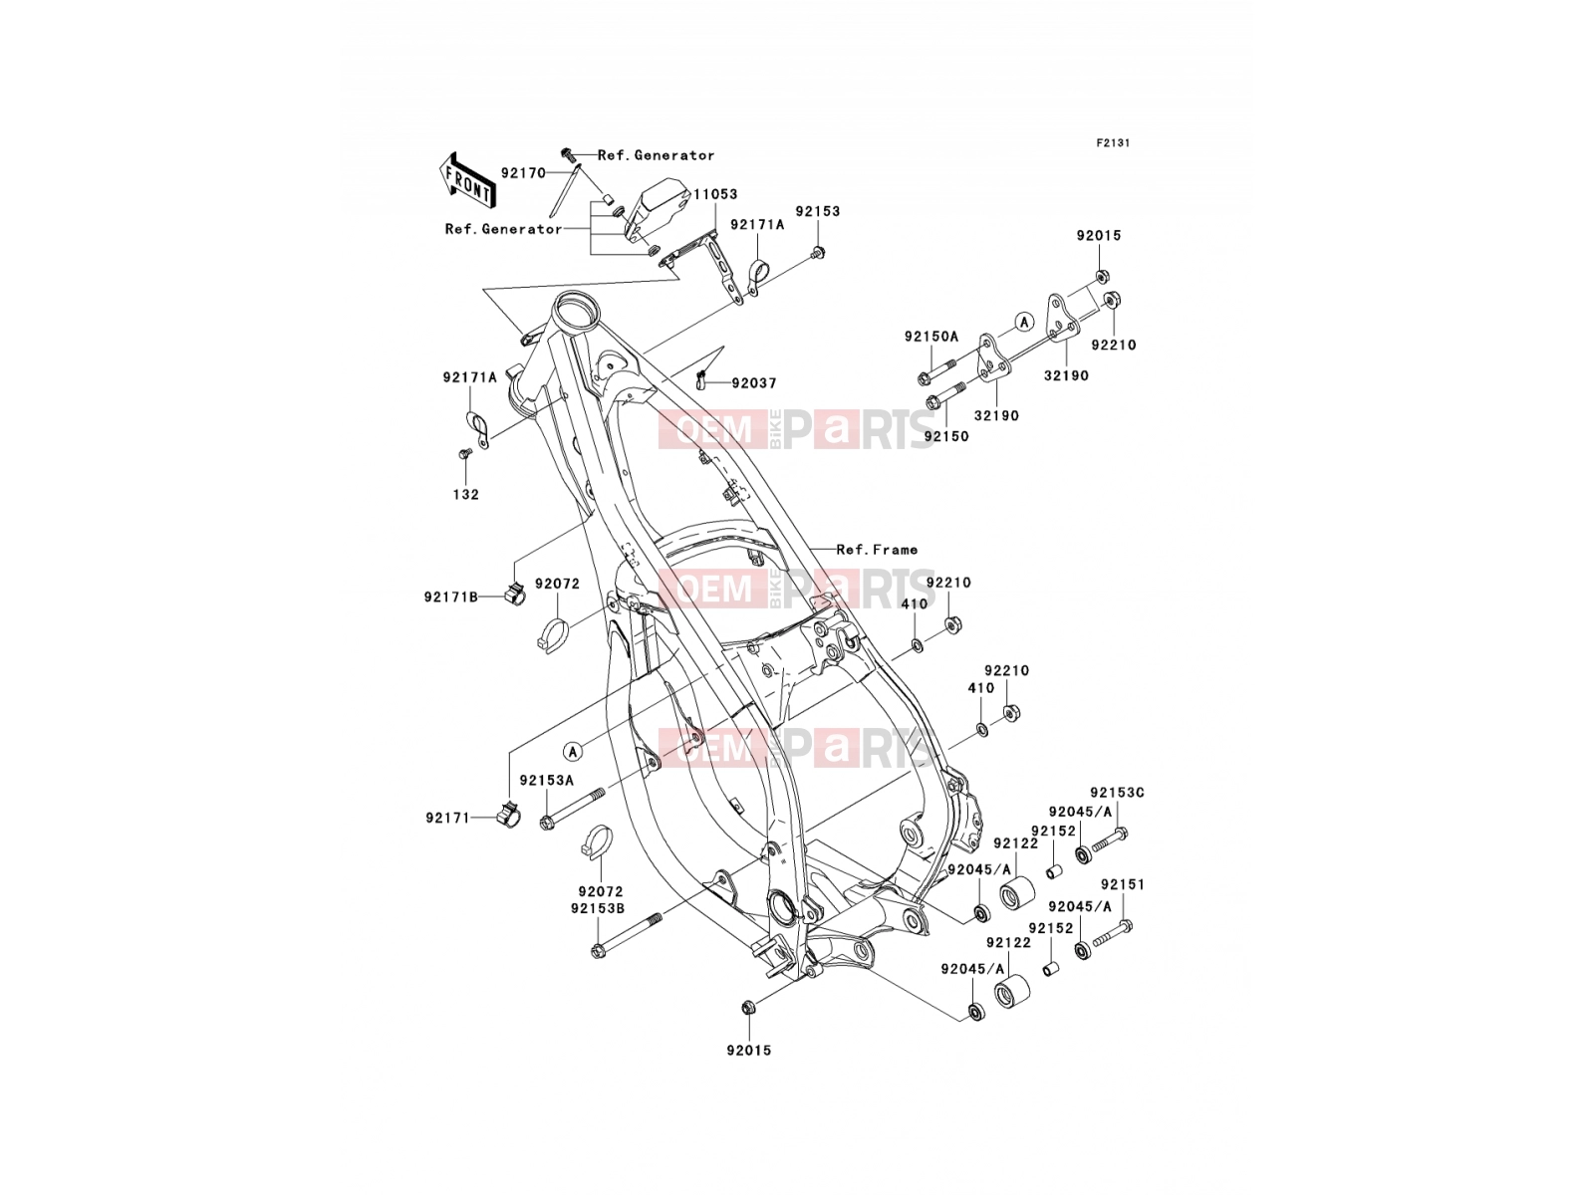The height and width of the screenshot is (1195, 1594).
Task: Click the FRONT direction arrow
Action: tap(467, 181)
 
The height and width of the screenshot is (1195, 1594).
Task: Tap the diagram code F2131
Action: tap(1113, 143)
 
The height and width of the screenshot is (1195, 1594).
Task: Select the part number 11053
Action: tap(714, 194)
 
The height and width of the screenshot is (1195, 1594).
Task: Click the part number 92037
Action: tap(754, 383)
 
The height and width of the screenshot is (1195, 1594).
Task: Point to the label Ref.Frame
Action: tap(877, 550)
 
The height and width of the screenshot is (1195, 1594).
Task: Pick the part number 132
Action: tap(465, 495)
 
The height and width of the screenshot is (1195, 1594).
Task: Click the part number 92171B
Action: tap(451, 597)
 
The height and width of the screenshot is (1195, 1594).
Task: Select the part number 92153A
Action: tap(546, 781)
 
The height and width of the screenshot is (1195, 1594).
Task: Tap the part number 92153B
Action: tap(597, 908)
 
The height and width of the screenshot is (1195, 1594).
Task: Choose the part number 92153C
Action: tap(1117, 793)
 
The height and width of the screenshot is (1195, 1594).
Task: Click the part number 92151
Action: tap(1122, 884)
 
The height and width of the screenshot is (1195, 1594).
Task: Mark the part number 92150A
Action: tap(930, 337)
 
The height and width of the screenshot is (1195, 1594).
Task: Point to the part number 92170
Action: tap(523, 173)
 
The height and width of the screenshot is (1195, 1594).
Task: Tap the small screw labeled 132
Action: tap(464, 453)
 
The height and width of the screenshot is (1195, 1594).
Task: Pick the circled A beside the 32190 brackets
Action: tap(1024, 322)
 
